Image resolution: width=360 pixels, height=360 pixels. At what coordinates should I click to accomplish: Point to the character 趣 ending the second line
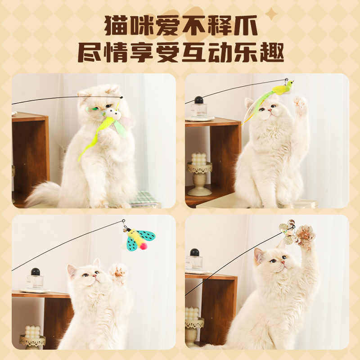(272, 53)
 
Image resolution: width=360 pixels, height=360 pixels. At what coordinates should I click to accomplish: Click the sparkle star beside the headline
(271, 14)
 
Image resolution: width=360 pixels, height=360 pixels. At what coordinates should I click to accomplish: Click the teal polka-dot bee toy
(139, 239)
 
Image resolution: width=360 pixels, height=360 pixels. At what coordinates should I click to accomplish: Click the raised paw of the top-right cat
(300, 104)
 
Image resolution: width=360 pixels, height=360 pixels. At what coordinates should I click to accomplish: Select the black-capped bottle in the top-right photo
(198, 107)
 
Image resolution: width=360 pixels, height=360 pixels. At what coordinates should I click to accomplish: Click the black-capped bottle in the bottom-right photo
(194, 260)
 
